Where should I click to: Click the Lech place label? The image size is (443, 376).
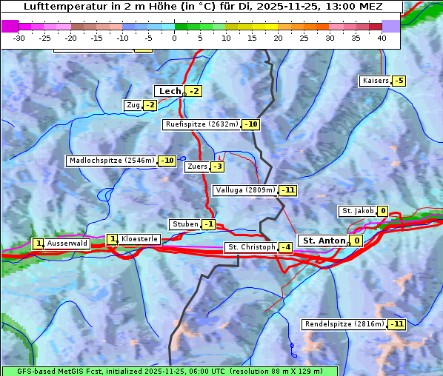tap(170, 91)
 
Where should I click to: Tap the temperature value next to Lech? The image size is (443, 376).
tap(194, 91)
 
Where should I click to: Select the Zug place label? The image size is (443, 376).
tap(133, 105)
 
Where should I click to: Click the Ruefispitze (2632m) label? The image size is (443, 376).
tap(202, 124)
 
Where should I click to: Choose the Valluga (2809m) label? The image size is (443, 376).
tap(245, 190)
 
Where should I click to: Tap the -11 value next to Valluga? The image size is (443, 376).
tap(288, 190)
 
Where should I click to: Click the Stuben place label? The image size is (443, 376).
tap(184, 224)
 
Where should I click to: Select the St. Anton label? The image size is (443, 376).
tap(324, 241)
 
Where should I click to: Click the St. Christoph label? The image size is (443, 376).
tap(250, 247)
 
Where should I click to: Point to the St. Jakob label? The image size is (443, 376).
tap(357, 211)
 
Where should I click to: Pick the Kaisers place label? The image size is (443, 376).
tap(375, 81)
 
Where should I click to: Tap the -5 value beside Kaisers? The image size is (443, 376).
tap(399, 81)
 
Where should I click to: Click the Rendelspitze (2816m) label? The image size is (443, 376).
tap(344, 324)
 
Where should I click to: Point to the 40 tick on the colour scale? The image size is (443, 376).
tap(382, 38)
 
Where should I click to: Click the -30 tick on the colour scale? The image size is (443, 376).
tap(19, 38)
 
